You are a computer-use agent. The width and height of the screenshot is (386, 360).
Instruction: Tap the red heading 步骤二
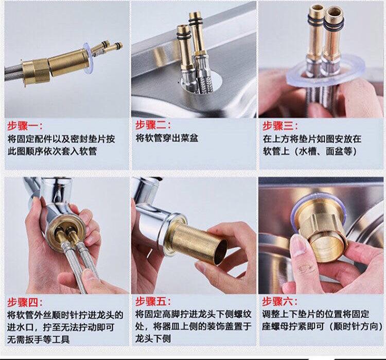click(153, 126)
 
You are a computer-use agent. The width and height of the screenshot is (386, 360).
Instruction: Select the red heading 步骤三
click(280, 126)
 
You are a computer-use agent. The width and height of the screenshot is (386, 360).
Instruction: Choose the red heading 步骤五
click(153, 302)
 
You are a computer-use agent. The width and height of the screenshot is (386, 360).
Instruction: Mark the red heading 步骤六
click(280, 302)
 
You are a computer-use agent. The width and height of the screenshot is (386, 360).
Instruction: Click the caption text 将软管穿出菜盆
click(167, 139)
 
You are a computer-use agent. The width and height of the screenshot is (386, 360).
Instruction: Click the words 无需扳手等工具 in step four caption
click(39, 339)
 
